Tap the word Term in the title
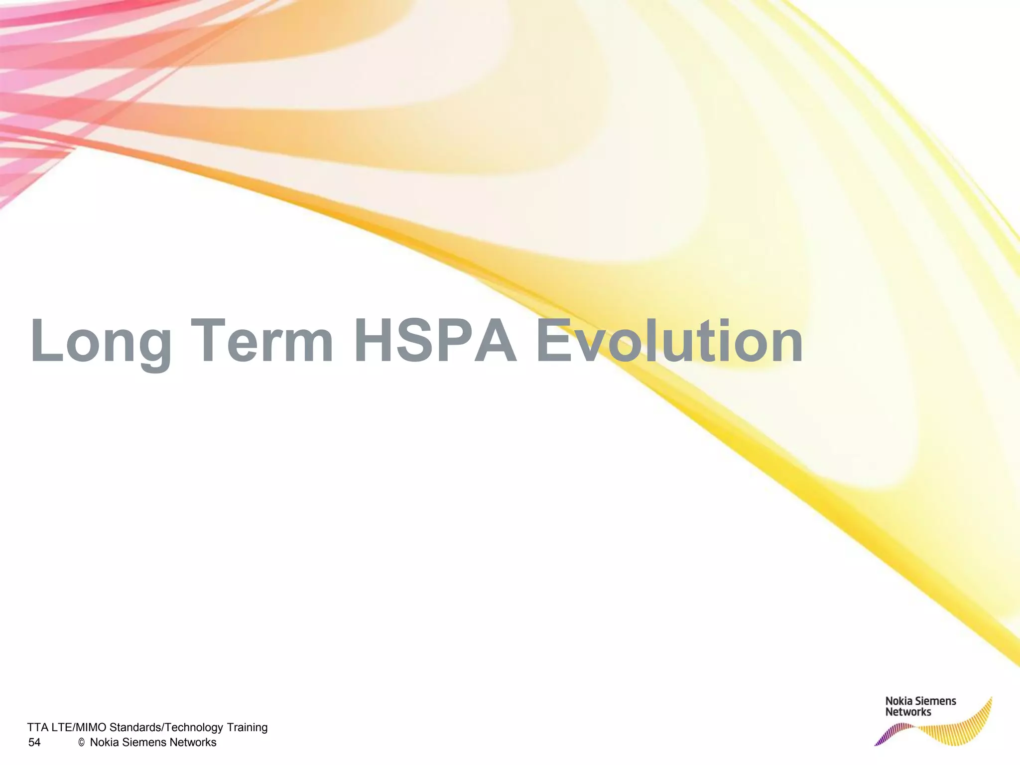tap(262, 342)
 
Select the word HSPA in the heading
tap(435, 342)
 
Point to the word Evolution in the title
tap(669, 342)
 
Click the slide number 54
tap(34, 743)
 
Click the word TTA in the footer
tap(38, 728)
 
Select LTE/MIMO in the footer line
tap(79, 728)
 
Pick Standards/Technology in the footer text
tap(166, 728)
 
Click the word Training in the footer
tap(247, 728)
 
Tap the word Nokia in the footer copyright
tap(105, 743)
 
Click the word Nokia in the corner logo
tap(898, 701)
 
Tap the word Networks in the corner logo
tap(908, 712)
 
